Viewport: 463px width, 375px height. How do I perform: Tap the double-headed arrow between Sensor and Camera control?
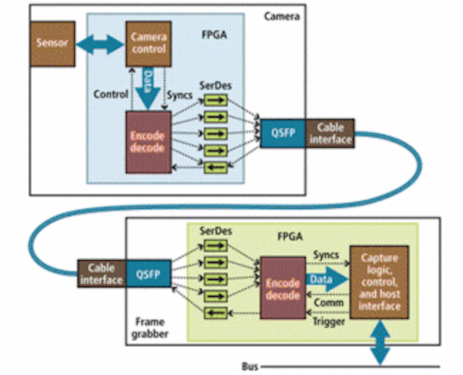tap(100, 44)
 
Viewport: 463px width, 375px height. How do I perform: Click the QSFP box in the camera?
tap(283, 133)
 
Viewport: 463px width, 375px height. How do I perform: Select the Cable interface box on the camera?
tap(330, 133)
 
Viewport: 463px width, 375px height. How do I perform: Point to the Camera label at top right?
tap(282, 16)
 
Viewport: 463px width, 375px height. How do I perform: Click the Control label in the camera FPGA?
tap(111, 94)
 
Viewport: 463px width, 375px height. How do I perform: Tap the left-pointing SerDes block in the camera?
tap(216, 167)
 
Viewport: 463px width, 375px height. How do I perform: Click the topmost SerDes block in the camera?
tap(216, 100)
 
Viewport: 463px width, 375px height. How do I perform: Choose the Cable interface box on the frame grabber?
tap(101, 274)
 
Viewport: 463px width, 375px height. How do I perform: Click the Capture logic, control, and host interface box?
tap(379, 282)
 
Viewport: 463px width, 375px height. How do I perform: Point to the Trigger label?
tap(329, 322)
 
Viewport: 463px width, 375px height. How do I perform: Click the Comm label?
tap(328, 303)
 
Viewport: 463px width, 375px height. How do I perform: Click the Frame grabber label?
tap(150, 328)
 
